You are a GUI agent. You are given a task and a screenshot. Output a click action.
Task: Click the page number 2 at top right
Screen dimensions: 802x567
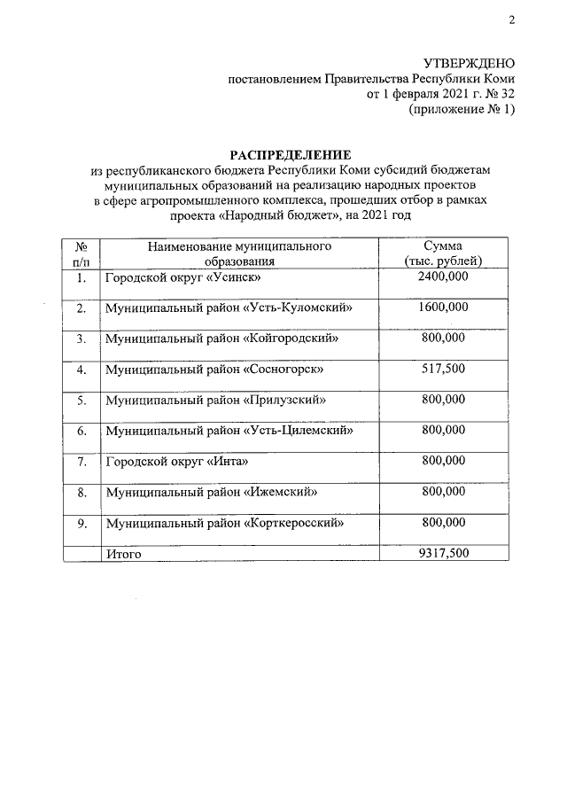pos(511,20)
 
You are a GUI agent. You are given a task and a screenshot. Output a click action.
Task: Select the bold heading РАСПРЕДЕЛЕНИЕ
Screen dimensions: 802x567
pos(285,153)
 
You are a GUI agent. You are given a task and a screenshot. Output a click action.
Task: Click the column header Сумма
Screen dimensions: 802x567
pos(443,245)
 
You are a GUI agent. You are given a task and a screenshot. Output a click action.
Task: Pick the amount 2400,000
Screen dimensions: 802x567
pos(443,276)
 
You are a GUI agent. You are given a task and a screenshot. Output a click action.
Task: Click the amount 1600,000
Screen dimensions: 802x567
pos(443,308)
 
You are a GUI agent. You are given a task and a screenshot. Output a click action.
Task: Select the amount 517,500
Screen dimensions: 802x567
pos(443,369)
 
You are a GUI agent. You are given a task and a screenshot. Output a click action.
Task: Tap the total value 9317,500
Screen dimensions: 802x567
pos(443,553)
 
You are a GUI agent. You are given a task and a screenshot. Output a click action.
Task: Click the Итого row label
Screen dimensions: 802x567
pos(123,553)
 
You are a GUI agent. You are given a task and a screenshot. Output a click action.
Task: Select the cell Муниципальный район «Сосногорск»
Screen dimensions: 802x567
pos(214,370)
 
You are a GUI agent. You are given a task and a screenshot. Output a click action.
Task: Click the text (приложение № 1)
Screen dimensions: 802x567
pos(461,109)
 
